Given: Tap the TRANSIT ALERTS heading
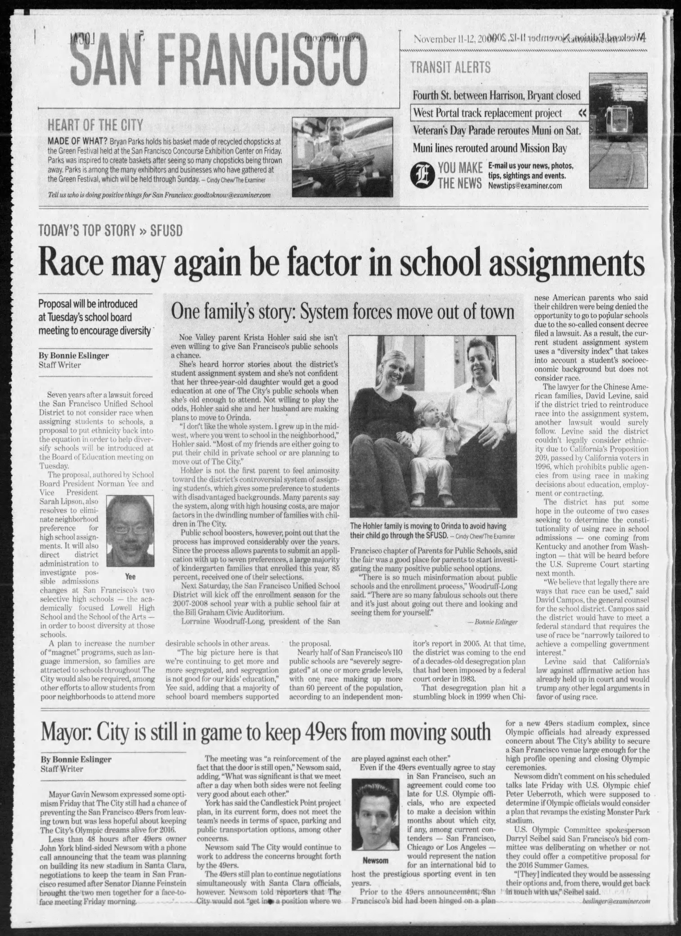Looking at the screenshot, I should [450, 67].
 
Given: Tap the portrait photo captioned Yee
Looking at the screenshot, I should [130, 531].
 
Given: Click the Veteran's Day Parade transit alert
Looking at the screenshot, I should [496, 130].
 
